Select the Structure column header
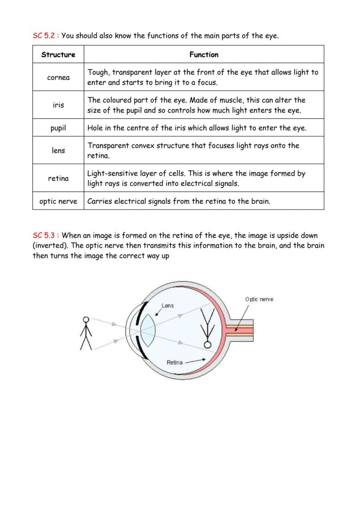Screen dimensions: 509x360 point(58,55)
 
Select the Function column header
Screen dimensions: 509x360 point(204,55)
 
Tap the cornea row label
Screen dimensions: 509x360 point(58,77)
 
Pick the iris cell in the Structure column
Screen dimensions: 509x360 point(58,105)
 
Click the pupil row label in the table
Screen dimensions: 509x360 point(58,128)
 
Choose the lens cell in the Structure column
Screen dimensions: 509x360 point(58,150)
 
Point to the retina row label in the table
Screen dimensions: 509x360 point(58,178)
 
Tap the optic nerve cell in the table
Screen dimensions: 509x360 point(58,201)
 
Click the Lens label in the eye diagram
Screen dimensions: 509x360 point(168,306)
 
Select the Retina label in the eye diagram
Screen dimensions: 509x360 point(174,362)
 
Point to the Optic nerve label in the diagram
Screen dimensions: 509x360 point(259,299)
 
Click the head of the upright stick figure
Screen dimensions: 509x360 point(86,319)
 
